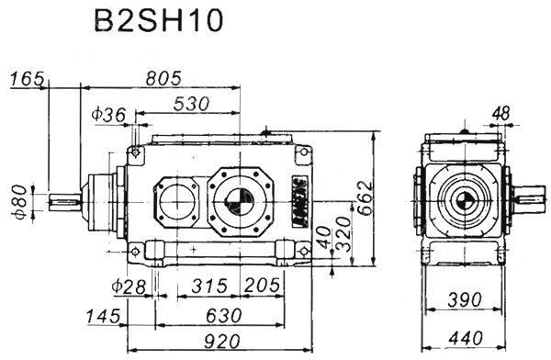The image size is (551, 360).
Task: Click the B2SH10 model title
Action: (159, 20)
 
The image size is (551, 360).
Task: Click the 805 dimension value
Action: (163, 78)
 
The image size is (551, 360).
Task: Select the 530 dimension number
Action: (192, 104)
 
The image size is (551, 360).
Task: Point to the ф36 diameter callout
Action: (108, 114)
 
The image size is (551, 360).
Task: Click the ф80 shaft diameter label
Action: (21, 202)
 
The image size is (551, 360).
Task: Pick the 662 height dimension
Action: (365, 197)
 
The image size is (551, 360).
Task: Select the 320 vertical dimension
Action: (343, 234)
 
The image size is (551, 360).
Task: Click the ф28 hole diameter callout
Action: (129, 287)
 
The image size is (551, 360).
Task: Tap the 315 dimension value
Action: (209, 286)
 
